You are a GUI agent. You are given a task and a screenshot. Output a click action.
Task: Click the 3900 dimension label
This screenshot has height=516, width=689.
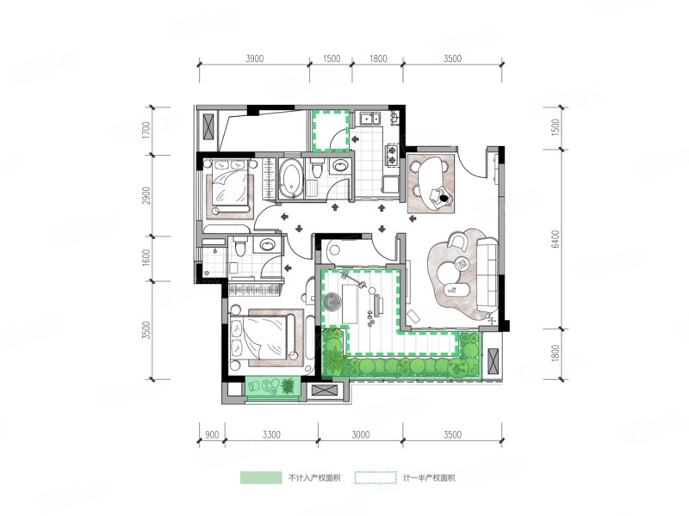coord(254,58)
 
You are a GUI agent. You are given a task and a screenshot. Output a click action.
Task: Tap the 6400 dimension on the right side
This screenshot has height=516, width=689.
coord(556,239)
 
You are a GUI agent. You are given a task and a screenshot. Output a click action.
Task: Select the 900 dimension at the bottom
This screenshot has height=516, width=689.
coord(212,435)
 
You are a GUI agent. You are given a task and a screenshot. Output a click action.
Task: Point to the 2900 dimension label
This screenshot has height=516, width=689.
coord(146,195)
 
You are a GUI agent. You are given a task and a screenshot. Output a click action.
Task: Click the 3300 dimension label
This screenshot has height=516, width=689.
coord(271,435)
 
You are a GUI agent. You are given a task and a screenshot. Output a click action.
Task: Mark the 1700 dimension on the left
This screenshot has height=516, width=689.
coord(146,131)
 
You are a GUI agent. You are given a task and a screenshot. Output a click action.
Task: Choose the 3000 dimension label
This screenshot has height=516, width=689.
coord(360,435)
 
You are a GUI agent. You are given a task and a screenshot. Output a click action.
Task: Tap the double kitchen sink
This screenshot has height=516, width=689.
coord(370,119)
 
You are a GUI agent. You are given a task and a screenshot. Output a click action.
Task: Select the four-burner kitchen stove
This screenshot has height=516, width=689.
coord(391,154)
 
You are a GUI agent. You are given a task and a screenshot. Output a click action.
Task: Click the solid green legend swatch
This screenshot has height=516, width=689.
coord(261,478)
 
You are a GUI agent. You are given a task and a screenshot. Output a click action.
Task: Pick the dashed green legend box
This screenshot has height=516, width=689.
coord(376,478)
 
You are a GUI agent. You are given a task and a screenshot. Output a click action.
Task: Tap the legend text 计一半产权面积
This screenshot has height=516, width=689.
coord(429,478)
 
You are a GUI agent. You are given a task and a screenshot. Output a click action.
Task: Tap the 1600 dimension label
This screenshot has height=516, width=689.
coord(146,257)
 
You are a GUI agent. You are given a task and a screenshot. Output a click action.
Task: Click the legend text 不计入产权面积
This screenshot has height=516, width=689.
coord(314,478)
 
